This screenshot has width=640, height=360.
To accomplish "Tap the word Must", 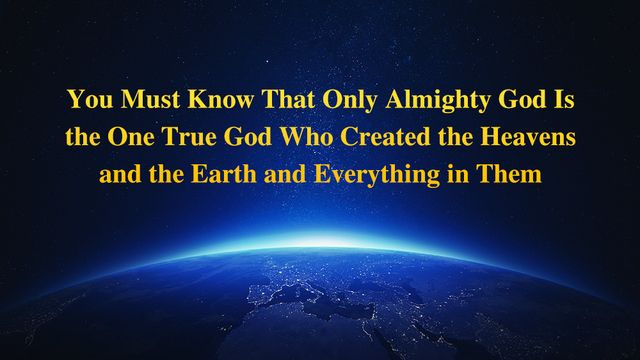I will [x=143, y=102].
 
